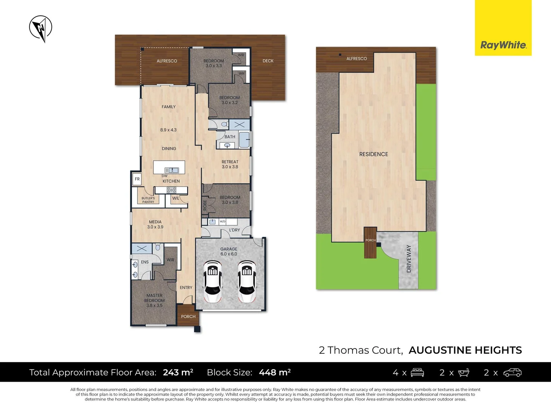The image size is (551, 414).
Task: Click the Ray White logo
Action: pyautogui.click(x=503, y=45)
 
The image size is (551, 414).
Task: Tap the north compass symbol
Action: pyautogui.click(x=41, y=28)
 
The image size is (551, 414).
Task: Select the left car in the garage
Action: pyautogui.click(x=212, y=281)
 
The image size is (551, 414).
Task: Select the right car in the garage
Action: pyautogui.click(x=247, y=281)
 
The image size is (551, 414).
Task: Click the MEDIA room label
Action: pyautogui.click(x=155, y=222)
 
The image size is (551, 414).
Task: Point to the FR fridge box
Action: pyautogui.click(x=137, y=179)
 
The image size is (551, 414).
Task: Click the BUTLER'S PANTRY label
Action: pyautogui.click(x=148, y=200)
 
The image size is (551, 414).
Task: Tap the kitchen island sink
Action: pyautogui.click(x=171, y=170)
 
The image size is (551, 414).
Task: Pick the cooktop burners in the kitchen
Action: pyautogui.click(x=171, y=190)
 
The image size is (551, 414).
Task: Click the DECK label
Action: pyautogui.click(x=268, y=61)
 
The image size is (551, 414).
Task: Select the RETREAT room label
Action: pyautogui.click(x=230, y=162)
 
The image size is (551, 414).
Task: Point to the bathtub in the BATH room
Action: pyautogui.click(x=244, y=140)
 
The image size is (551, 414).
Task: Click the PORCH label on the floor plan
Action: pyautogui.click(x=188, y=317)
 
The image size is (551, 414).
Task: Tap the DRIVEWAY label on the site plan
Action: pyautogui.click(x=409, y=259)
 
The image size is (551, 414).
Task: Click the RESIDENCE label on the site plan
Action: pyautogui.click(x=373, y=154)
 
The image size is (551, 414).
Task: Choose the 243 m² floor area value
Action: pyautogui.click(x=178, y=372)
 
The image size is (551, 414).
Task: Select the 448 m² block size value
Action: pyautogui.click(x=275, y=372)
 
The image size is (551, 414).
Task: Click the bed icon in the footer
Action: pyautogui.click(x=417, y=373)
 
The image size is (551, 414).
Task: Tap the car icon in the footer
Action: pyautogui.click(x=512, y=373)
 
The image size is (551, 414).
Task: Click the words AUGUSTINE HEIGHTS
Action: pyautogui.click(x=465, y=350)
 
